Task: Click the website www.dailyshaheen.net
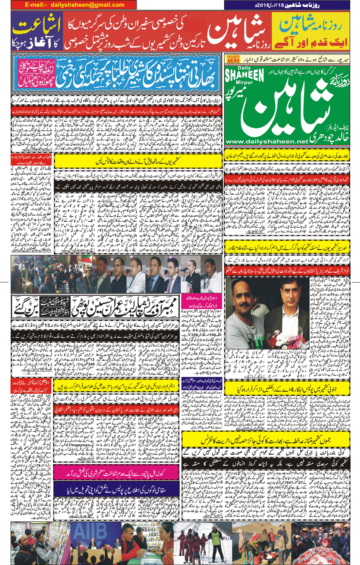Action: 267,142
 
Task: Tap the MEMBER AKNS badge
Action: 233,59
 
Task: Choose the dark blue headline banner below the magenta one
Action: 116,488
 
